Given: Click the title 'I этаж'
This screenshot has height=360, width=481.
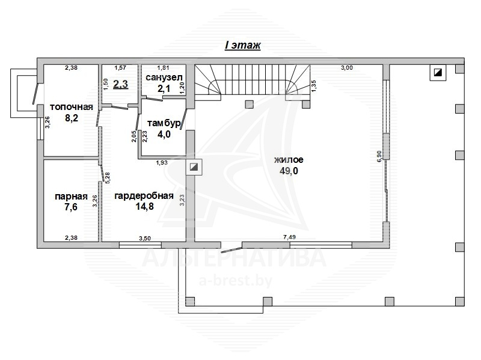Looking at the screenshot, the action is coord(242,46).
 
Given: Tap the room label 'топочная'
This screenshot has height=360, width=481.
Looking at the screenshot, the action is coord(71,107).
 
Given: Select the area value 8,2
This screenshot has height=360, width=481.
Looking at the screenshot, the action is coord(72,118).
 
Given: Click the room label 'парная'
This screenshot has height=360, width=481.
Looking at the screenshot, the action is coord(71,197).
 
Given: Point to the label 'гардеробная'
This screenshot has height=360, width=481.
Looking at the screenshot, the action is coord(144,196).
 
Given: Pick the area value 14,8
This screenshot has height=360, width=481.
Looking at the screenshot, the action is coord(144,207).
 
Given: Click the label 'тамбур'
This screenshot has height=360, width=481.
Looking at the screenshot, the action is coord(164,124).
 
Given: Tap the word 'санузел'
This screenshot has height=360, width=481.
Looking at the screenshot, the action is coord(164,78).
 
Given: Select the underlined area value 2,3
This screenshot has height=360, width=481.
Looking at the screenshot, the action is coord(121,84).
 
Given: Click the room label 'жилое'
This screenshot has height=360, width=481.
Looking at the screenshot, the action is coord(289,160).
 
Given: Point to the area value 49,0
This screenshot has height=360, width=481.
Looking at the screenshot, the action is coord(289,171).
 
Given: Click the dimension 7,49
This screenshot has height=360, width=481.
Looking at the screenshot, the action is coord(290,237).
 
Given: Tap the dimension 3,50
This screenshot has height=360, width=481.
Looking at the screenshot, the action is coord(145,238).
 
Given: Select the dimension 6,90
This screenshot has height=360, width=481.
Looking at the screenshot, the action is coord(379,156).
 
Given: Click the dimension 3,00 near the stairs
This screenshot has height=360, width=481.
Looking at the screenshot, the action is coord(347,68).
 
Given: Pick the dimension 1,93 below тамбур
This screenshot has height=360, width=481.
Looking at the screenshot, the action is coord(162,162).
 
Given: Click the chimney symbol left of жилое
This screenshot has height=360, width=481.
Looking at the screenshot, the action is coord(194,167).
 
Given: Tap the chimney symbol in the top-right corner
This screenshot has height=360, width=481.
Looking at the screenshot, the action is coord(438,73).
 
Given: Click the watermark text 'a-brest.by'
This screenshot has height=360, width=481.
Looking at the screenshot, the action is coord(236,281).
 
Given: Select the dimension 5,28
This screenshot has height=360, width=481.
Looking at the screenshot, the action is coord(108,178).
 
